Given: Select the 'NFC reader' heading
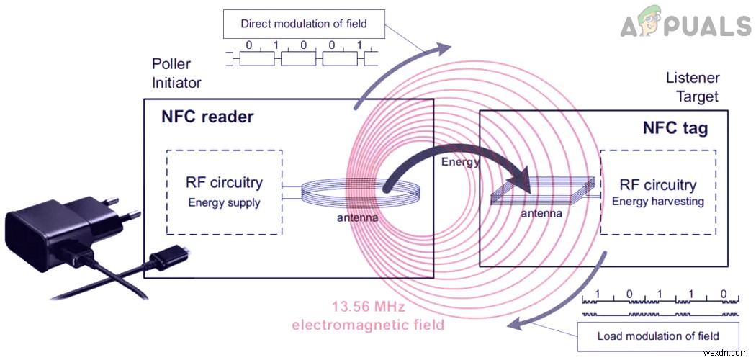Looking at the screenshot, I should [207, 116].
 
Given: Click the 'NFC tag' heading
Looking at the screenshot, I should [675, 129].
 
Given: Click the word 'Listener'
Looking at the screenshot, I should [692, 78].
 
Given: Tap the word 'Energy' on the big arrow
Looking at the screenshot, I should [461, 163].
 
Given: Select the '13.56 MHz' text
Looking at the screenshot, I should [368, 307].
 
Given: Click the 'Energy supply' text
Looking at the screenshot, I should [224, 202].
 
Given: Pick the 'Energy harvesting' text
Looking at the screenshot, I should [657, 202].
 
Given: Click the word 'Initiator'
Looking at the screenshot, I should [176, 84].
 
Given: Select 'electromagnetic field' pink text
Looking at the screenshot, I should [367, 325].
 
